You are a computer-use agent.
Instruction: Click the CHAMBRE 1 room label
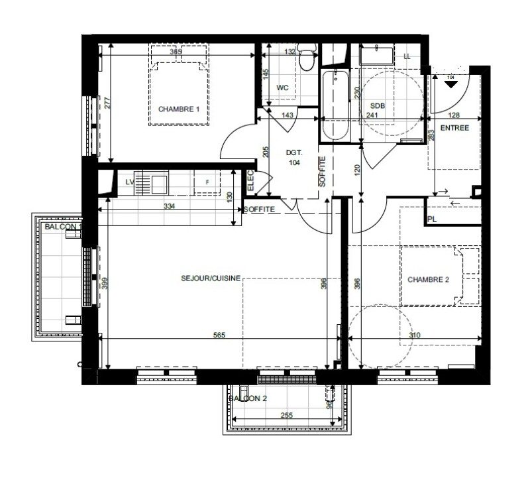pyautogui.click(x=178, y=109)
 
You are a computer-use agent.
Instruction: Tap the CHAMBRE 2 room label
pyautogui.click(x=429, y=280)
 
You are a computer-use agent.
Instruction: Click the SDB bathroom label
pyautogui.click(x=378, y=105)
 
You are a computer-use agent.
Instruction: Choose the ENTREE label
pyautogui.click(x=454, y=128)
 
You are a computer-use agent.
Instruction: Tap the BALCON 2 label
pyautogui.click(x=248, y=398)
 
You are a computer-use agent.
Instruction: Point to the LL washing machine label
pyautogui.click(x=407, y=56)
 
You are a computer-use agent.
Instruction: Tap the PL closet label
pyautogui.click(x=433, y=219)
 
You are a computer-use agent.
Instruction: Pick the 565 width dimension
pyautogui.click(x=219, y=335)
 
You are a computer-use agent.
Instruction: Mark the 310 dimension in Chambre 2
pyautogui.click(x=414, y=335)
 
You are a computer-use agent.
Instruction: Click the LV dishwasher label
pyautogui.click(x=130, y=182)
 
